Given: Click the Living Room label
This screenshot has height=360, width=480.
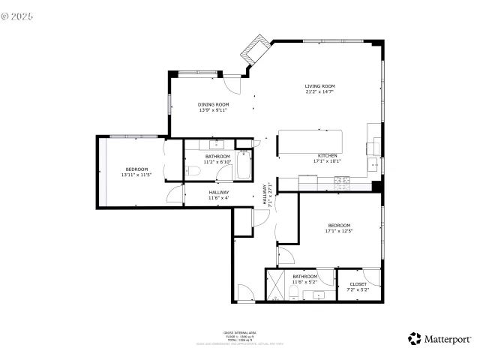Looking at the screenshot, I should pyautogui.click(x=319, y=86).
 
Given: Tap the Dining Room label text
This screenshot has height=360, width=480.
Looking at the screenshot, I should pyautogui.click(x=213, y=104).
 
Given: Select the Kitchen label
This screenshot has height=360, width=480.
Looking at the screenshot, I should pyautogui.click(x=327, y=155).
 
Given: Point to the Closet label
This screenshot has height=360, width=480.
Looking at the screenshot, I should pyautogui.click(x=358, y=284).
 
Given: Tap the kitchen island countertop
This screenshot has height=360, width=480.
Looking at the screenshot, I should pyautogui.click(x=310, y=142).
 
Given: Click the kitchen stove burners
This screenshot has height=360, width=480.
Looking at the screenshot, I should pyautogui.click(x=342, y=180).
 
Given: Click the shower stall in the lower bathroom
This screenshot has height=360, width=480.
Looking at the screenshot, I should pyautogui.click(x=277, y=286).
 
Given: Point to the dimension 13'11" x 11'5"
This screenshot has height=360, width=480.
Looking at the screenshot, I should pyautogui.click(x=136, y=175).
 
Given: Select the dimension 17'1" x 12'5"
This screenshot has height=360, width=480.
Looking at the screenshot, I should pyautogui.click(x=338, y=231).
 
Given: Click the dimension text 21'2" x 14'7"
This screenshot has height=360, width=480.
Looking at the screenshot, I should pyautogui.click(x=319, y=92).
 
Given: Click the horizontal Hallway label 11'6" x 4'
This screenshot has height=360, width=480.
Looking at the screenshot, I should pyautogui.click(x=219, y=195).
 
